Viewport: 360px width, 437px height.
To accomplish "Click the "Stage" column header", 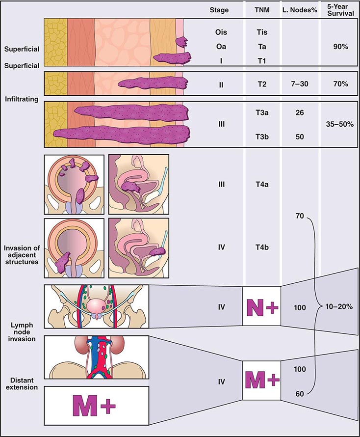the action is (219, 10).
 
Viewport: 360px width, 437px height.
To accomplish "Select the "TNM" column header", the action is (262, 10).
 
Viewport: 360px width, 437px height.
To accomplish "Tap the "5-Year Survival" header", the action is (340, 10).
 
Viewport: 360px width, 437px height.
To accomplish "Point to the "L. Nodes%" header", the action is (300, 10).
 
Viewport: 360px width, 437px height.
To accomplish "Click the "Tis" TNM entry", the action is (262, 32).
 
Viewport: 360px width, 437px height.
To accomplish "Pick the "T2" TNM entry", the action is (262, 84).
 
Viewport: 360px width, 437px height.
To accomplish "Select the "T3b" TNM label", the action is (262, 137).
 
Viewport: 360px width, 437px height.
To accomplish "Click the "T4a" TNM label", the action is (262, 185).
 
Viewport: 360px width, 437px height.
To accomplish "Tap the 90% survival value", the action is (340, 47).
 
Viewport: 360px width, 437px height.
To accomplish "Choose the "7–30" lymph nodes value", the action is (300, 84).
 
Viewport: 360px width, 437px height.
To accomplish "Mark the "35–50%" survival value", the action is (340, 124).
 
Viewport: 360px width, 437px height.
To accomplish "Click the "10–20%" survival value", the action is (339, 307).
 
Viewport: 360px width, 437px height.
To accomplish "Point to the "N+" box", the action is (261, 306).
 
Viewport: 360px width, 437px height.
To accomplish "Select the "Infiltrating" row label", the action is (22, 99).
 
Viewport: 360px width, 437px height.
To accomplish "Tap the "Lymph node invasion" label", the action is (22, 332).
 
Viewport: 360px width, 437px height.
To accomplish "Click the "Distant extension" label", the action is (22, 384).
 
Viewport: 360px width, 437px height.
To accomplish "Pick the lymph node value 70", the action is (300, 216).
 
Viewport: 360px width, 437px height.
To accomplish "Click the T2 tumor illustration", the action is (153, 83).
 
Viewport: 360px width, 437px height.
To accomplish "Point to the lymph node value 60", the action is (300, 394).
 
